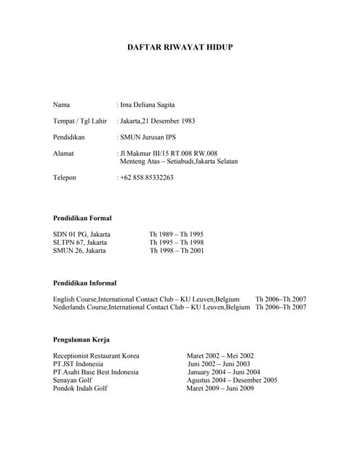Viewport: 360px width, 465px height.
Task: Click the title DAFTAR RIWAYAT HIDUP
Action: pos(180,47)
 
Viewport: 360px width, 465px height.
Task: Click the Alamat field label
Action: pos(63,153)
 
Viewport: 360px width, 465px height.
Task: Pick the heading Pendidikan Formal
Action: pos(82,218)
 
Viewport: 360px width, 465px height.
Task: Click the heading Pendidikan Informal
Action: pos(84,283)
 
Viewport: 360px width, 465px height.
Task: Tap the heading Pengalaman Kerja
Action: pos(81,339)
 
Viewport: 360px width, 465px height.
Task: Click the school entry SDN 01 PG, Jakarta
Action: pos(81,234)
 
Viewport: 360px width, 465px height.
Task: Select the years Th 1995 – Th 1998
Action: pos(177,242)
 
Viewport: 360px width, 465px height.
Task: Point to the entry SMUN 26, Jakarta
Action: pos(79,250)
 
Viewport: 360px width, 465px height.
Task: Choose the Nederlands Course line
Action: pos(151,307)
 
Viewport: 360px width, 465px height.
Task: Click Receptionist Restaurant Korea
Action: pos(96,356)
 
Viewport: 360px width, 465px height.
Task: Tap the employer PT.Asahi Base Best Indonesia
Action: pos(95,372)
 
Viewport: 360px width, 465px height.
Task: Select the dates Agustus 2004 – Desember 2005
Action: pos(232,380)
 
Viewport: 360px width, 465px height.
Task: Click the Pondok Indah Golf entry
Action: pos(80,388)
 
